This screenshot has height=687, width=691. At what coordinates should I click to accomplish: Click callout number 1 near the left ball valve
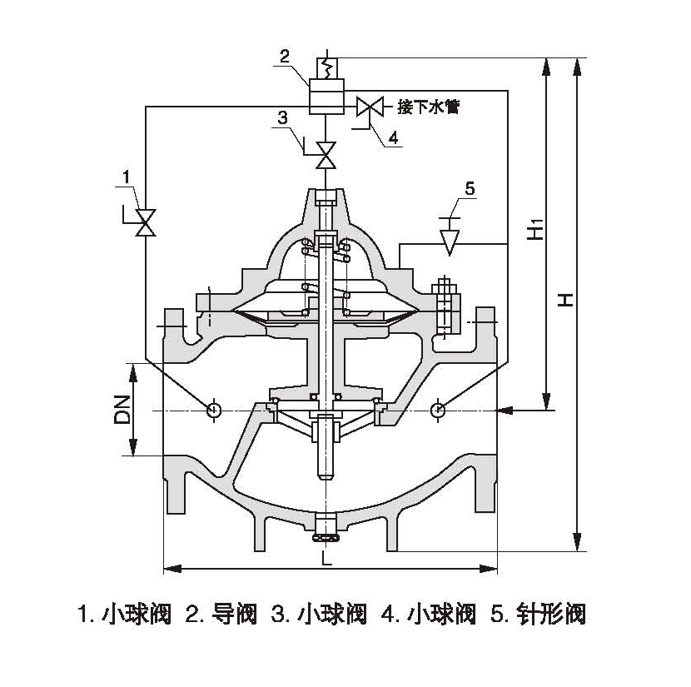(126, 177)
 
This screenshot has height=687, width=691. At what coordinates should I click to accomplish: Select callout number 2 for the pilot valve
(285, 57)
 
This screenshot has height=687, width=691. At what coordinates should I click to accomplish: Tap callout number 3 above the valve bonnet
(283, 117)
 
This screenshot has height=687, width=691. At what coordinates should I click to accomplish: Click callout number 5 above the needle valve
(470, 189)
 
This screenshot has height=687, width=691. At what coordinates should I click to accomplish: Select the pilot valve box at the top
(326, 95)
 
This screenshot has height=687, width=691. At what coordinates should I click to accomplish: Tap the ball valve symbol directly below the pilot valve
(326, 153)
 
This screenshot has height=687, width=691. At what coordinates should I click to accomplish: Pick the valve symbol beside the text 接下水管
(368, 107)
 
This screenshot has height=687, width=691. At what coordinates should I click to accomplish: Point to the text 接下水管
(428, 107)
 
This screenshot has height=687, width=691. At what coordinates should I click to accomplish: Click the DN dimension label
(122, 409)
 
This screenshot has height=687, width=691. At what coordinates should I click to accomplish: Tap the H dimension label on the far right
(565, 300)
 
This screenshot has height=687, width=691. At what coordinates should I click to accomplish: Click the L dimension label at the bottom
(327, 560)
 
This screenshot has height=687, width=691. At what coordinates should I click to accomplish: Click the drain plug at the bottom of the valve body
(327, 525)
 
